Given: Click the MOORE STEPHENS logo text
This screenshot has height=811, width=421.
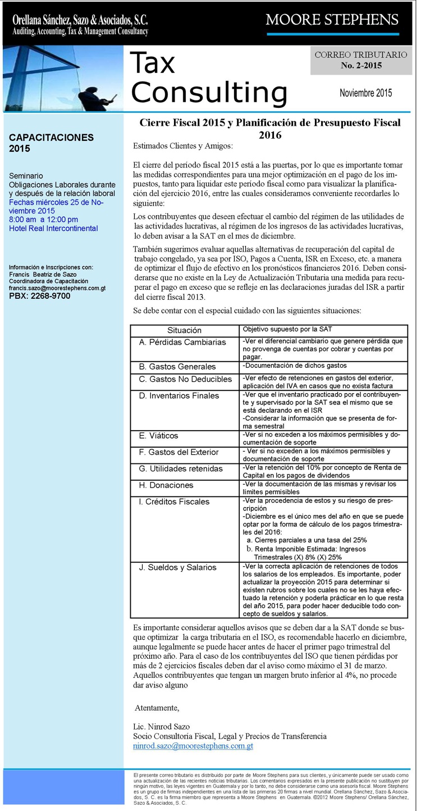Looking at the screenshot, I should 332,20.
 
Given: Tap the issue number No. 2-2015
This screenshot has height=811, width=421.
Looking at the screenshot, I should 361,66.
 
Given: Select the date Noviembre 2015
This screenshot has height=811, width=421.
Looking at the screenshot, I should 365,93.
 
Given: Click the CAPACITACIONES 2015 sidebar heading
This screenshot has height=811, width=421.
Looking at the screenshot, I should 51,143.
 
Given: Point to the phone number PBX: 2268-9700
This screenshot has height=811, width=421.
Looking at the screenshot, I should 40,296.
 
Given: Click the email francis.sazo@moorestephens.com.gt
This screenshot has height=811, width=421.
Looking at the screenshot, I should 57,288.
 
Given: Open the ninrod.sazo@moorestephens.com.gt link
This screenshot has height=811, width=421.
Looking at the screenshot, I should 193,746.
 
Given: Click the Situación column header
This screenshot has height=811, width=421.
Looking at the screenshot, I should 184,330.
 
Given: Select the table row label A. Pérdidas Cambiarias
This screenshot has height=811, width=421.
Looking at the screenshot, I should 182,342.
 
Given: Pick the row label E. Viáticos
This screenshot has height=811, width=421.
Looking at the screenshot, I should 159,436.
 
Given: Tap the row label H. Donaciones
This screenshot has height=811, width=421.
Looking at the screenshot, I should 166,485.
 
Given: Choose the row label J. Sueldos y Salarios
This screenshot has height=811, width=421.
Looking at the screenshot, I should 177,567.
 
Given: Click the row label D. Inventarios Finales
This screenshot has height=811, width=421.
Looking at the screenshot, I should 179,395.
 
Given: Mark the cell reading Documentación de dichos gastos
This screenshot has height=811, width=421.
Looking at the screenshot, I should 295,366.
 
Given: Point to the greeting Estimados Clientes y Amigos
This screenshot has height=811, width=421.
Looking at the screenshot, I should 183,146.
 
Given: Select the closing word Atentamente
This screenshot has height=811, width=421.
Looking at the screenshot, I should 157,707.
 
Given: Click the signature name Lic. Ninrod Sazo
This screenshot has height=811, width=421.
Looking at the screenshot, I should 162,727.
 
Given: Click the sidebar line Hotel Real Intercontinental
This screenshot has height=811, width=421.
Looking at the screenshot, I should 53,229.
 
